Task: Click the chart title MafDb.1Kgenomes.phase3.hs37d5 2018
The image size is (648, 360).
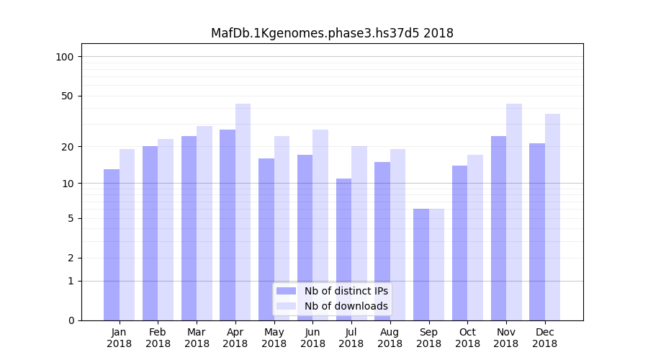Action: (x=332, y=33)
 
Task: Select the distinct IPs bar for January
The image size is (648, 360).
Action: (x=112, y=245)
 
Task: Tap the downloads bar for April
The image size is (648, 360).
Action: (x=243, y=212)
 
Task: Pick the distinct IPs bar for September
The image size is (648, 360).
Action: (x=421, y=264)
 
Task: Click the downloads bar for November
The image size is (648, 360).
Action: (x=514, y=212)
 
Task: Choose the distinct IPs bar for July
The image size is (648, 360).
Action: (x=343, y=249)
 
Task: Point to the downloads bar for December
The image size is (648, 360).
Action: (x=552, y=217)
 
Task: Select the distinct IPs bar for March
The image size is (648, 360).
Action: (x=189, y=228)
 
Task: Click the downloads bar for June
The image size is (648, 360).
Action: (x=320, y=225)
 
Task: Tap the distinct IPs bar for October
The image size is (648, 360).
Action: (x=459, y=243)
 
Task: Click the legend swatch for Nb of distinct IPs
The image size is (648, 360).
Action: (x=286, y=291)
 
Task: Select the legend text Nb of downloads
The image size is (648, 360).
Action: (x=346, y=306)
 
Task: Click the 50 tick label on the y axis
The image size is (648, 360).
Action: (x=67, y=96)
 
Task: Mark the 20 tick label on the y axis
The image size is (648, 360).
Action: (x=67, y=147)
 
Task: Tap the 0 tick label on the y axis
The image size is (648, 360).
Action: (x=70, y=320)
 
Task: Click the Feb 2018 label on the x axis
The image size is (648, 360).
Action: (x=158, y=338)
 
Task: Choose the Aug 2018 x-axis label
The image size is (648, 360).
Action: (x=390, y=338)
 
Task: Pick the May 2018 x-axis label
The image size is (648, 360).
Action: (x=274, y=338)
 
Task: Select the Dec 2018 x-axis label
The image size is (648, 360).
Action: (x=544, y=338)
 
